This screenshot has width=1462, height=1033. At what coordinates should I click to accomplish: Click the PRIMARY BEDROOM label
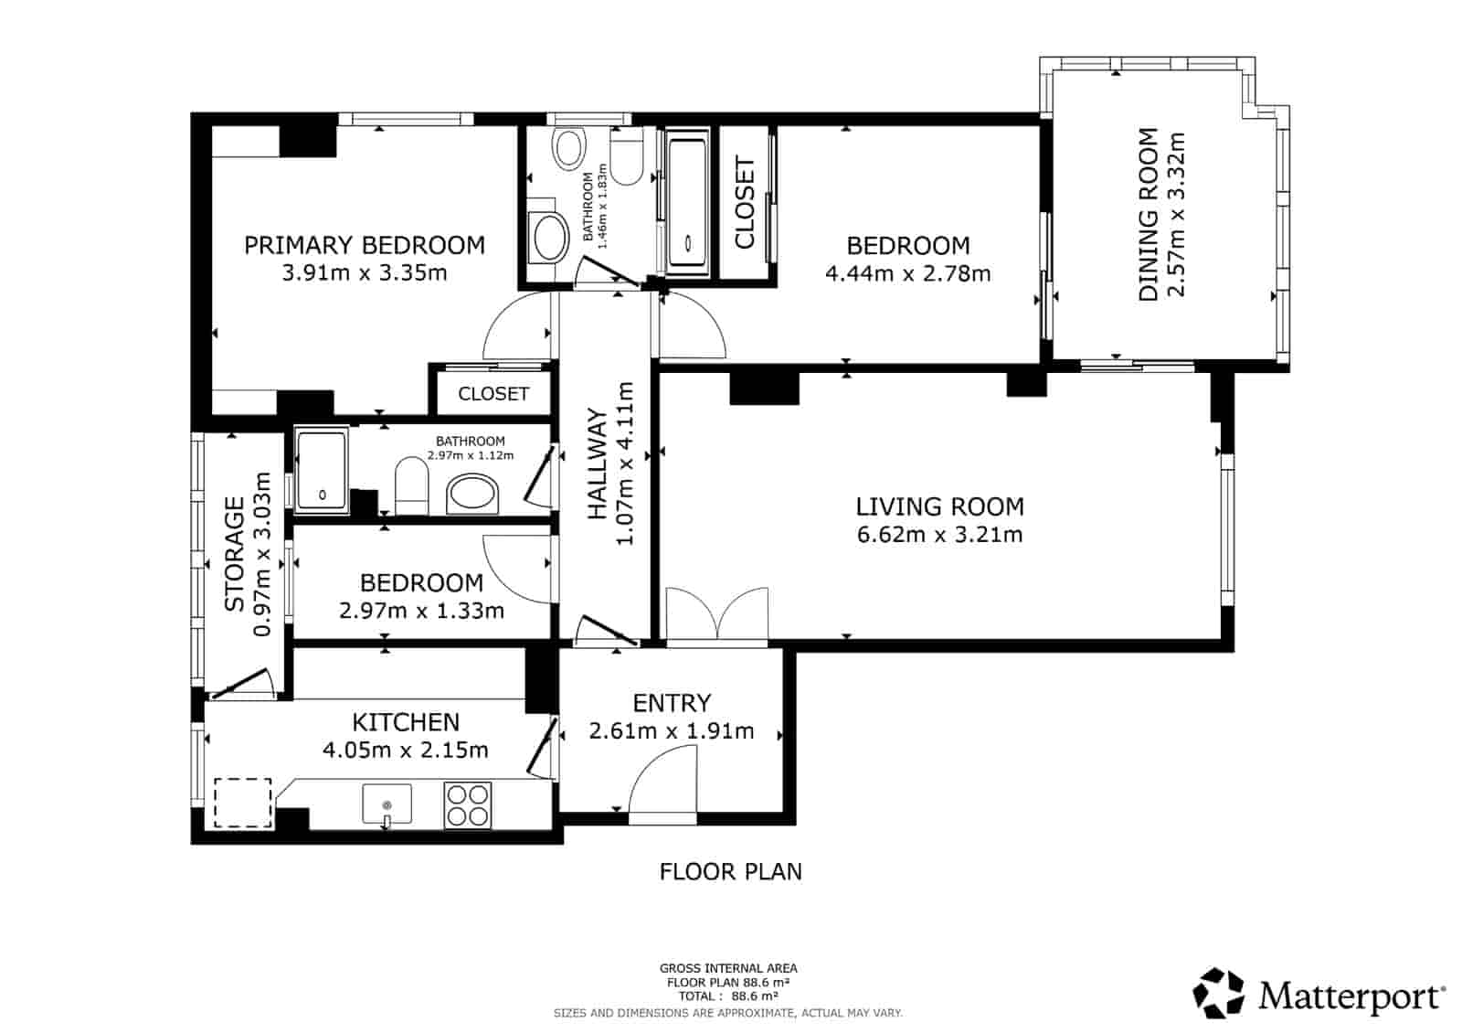(364, 245)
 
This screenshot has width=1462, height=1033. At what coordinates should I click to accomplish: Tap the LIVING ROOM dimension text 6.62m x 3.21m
(939, 535)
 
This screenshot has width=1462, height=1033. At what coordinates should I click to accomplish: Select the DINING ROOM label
(1148, 214)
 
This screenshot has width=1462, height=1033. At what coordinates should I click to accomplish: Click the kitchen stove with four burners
(468, 804)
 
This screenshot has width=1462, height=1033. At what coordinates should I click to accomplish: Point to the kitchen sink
(387, 804)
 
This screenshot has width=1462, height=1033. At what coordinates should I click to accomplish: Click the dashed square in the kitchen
(243, 803)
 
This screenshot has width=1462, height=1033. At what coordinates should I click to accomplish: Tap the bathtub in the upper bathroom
(687, 202)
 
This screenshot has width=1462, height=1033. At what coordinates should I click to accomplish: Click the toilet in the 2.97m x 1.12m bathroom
(411, 485)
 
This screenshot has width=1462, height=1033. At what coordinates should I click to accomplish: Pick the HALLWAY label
(597, 464)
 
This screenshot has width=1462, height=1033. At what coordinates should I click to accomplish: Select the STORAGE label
(235, 553)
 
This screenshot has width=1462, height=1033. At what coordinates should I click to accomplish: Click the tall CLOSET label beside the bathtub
(746, 202)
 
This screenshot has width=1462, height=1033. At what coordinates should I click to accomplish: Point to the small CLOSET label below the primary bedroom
(493, 393)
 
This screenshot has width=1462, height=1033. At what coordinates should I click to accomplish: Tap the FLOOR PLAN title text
(731, 871)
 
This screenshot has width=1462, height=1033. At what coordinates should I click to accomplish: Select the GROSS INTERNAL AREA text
(728, 968)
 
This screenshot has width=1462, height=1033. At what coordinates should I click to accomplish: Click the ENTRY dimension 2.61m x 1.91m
(672, 731)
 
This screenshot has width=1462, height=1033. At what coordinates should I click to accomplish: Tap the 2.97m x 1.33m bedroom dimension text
(421, 611)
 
